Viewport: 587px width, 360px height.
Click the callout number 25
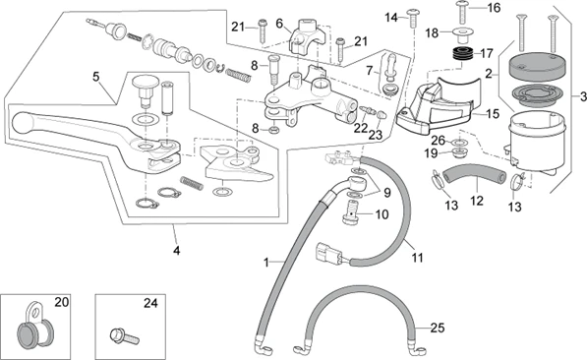(438, 329)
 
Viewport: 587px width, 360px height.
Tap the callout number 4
(176, 250)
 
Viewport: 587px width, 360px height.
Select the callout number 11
(417, 258)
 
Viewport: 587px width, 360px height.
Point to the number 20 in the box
(62, 302)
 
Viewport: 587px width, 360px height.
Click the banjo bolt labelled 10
(350, 212)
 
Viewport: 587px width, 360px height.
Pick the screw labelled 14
(413, 18)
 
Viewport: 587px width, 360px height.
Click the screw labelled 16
(462, 12)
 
